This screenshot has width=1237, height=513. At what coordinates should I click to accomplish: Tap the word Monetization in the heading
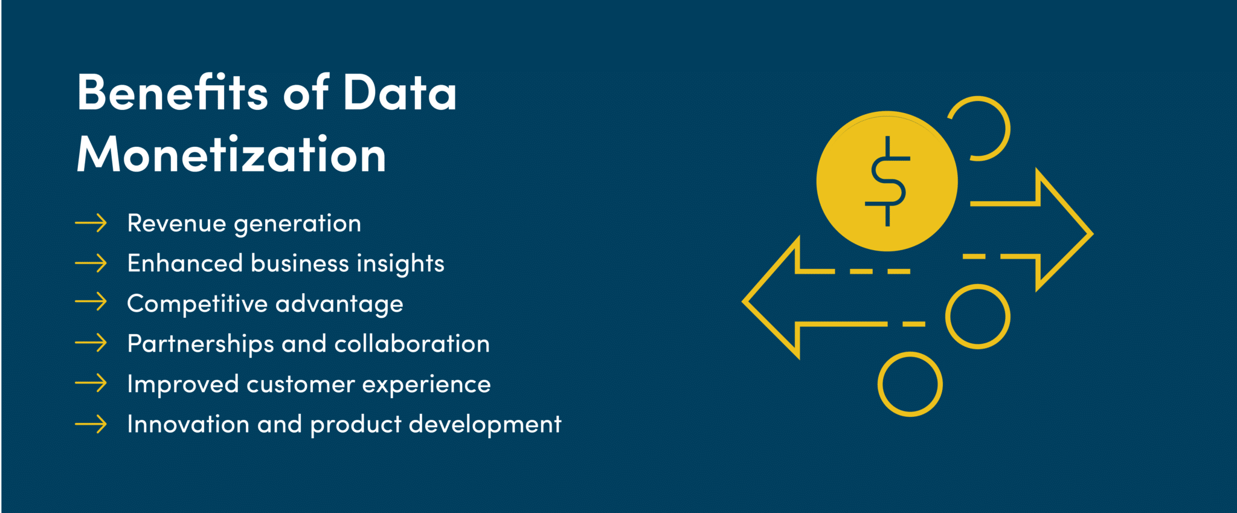click(231, 154)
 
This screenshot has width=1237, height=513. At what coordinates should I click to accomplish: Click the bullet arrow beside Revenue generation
click(91, 223)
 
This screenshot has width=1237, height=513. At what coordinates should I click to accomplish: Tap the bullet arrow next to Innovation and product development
click(91, 424)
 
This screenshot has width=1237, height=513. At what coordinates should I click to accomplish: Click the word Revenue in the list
click(177, 223)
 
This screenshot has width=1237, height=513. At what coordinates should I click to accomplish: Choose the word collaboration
click(412, 343)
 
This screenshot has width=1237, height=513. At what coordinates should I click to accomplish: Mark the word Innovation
click(188, 424)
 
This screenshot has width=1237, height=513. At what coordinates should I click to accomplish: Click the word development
click(485, 425)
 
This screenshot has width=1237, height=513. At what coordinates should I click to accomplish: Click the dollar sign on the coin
click(887, 181)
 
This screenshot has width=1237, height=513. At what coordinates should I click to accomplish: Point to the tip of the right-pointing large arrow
click(1093, 233)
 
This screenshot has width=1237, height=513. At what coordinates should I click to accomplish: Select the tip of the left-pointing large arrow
click(743, 300)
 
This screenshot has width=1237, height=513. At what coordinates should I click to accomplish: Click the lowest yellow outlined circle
click(910, 384)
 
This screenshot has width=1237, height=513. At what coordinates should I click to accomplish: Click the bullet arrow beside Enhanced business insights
click(91, 263)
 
